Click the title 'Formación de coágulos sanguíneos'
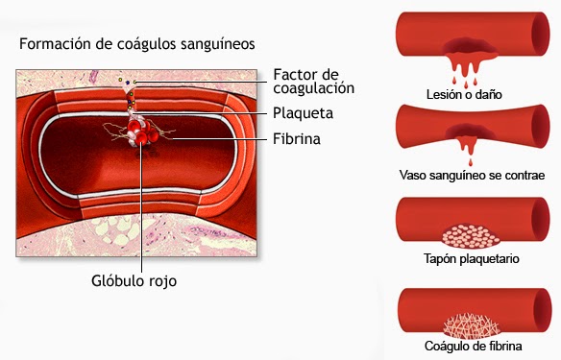(136, 44)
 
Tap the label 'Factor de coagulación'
(313, 81)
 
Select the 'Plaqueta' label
(303, 113)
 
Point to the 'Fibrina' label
(296, 139)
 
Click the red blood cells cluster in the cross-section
(144, 137)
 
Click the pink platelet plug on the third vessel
(466, 234)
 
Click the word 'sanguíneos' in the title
(218, 44)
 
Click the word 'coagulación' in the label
(313, 88)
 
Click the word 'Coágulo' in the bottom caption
(446, 347)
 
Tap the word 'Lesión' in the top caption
(445, 96)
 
